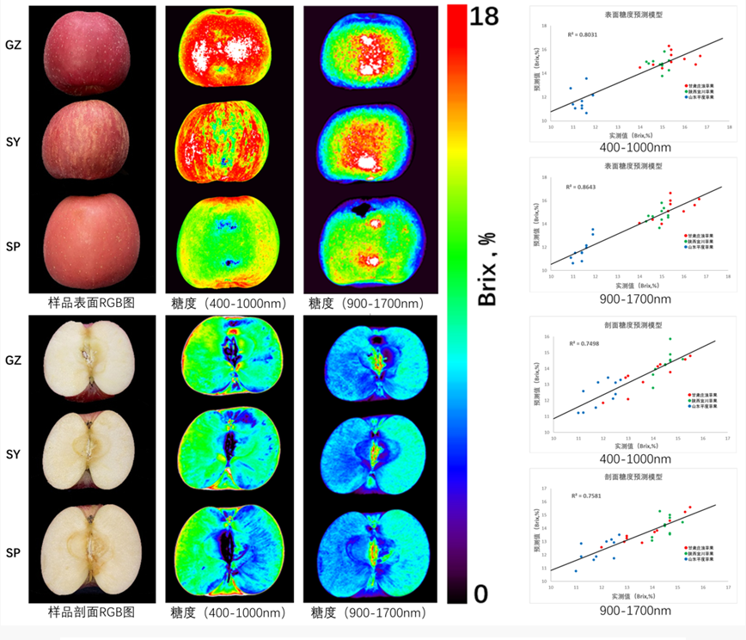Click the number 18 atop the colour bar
pyautogui.click(x=483, y=15)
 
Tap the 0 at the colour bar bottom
pyautogui.click(x=480, y=593)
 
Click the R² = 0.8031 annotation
pyautogui.click(x=582, y=34)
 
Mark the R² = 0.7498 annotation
pyautogui.click(x=582, y=343)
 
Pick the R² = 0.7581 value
pyautogui.click(x=582, y=495)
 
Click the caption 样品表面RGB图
pyautogui.click(x=92, y=304)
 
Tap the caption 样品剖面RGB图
pyautogui.click(x=92, y=612)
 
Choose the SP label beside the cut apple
pyautogui.click(x=14, y=551)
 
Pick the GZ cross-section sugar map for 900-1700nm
pyautogui.click(x=373, y=360)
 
